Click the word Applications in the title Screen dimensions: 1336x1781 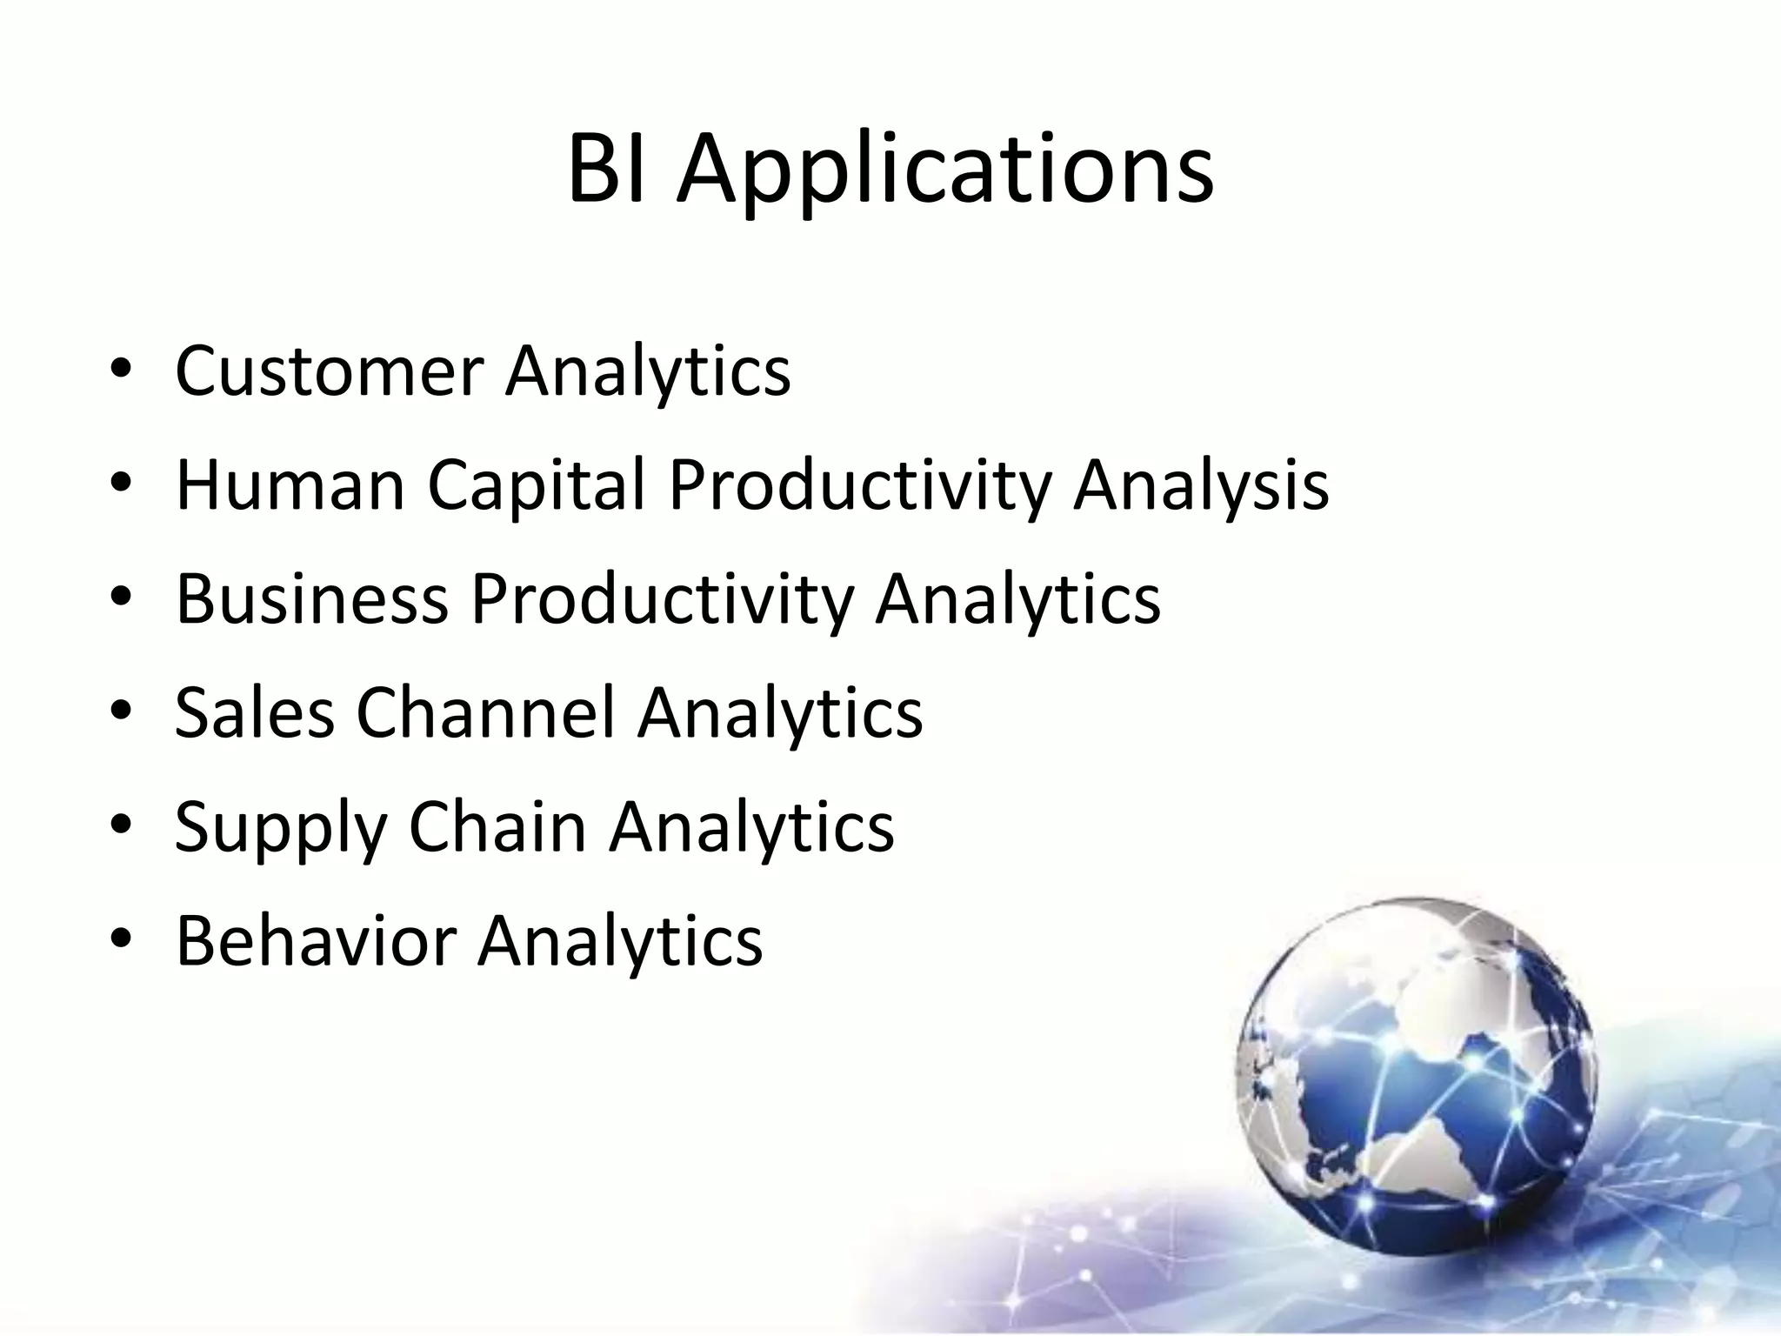945,171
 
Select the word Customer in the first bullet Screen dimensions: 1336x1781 330,371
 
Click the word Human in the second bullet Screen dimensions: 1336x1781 290,484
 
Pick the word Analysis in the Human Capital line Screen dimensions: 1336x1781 1200,484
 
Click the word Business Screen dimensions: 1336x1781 312,598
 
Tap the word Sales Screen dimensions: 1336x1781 255,712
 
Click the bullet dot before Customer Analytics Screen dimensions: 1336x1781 121,371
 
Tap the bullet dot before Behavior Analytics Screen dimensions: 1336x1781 121,941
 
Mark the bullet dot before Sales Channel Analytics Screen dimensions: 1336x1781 121,713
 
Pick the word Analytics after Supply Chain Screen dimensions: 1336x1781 751,826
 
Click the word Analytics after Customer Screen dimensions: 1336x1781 648,371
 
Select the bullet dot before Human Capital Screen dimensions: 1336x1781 121,485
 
